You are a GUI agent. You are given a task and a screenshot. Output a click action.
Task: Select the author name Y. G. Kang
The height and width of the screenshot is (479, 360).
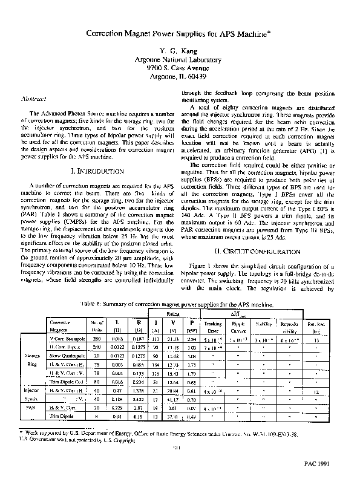(180, 53)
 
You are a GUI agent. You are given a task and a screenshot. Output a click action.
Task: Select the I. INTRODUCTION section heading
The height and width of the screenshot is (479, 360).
(99, 171)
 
